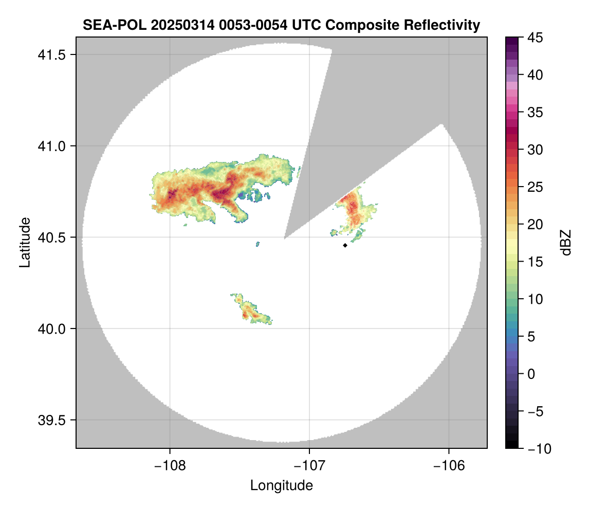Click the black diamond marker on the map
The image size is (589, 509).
[345, 245]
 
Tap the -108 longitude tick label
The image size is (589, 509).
[169, 466]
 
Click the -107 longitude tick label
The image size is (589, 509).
[309, 466]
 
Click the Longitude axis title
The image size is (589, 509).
[281, 485]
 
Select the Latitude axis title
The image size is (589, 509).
[25, 242]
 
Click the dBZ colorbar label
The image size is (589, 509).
[566, 242]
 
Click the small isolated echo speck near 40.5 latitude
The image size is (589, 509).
[257, 244]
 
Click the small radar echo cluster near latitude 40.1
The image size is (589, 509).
[251, 312]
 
